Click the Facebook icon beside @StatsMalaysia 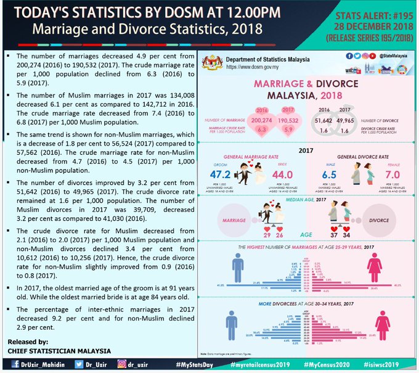pos(349,55)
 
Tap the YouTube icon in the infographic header pos(365,55)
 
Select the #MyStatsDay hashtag pos(195,365)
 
